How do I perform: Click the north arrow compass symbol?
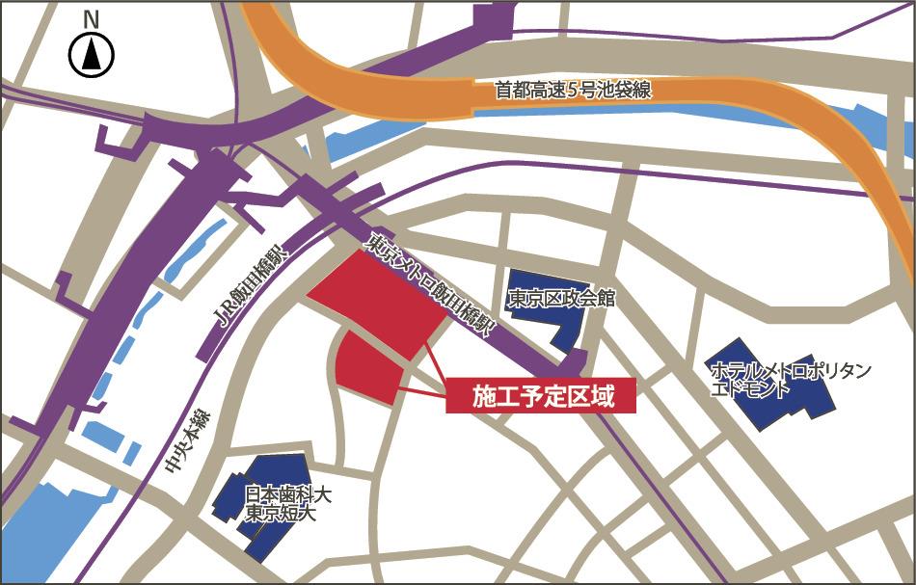point(92,56)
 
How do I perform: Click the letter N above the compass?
point(92,18)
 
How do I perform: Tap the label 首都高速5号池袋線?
point(574,91)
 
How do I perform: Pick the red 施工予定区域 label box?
point(541,396)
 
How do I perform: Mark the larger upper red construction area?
point(371,299)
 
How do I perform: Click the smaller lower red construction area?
point(371,371)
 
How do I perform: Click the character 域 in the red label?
point(603,396)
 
